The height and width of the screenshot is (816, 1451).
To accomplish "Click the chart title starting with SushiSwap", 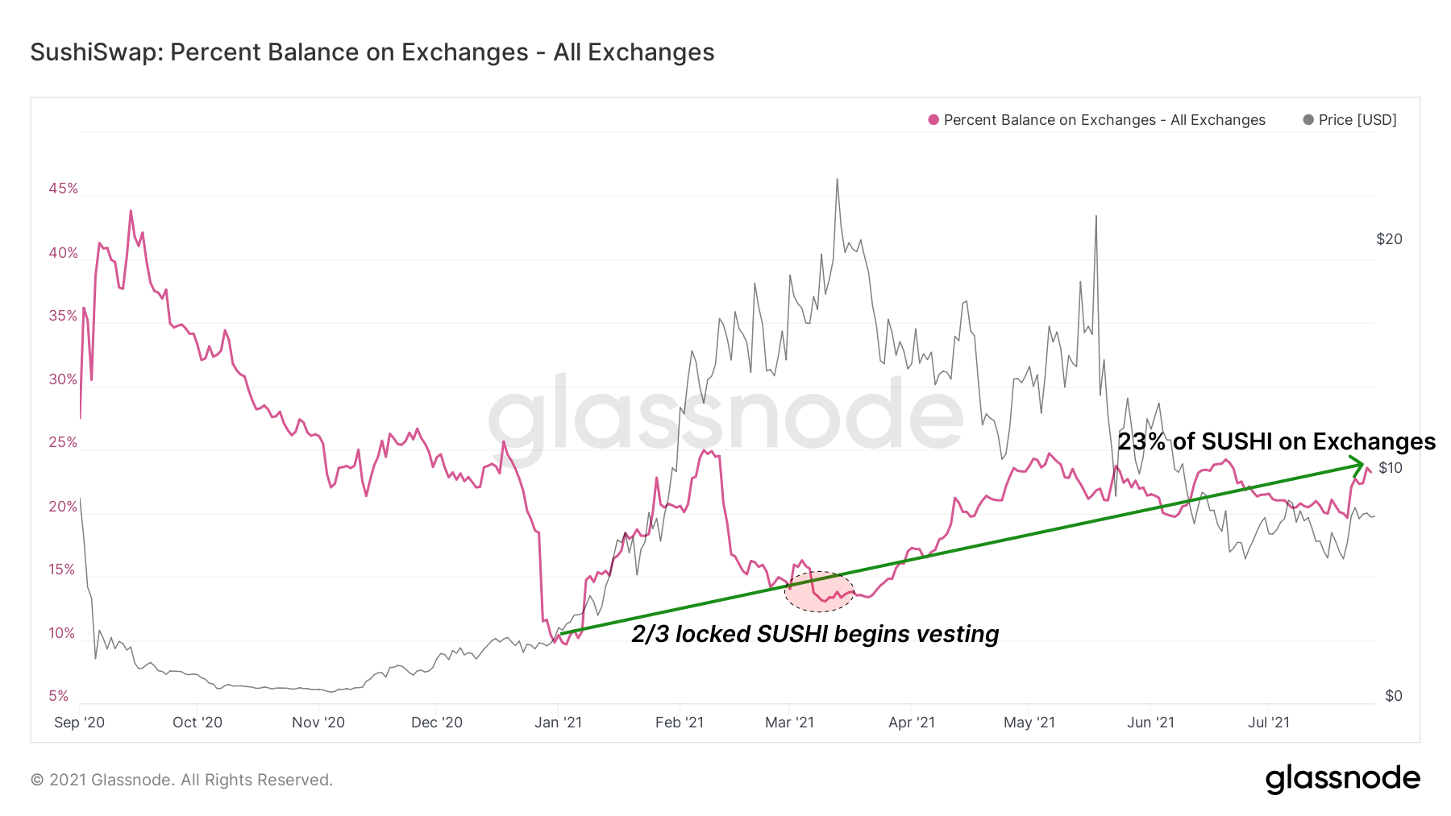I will click(372, 52).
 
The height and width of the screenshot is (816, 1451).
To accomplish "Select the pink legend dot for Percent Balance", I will click(933, 120).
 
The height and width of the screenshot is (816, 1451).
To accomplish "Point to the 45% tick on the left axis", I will click(63, 188).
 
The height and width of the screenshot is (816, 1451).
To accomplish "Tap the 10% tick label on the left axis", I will click(62, 633).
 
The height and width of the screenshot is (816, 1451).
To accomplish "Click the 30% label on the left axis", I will click(63, 379).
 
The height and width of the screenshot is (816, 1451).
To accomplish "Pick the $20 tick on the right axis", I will click(1389, 239).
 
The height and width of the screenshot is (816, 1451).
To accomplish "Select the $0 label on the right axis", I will click(1393, 696).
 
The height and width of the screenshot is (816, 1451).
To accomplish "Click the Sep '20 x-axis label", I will click(79, 723).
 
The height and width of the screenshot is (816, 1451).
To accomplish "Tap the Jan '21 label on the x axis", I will click(558, 723).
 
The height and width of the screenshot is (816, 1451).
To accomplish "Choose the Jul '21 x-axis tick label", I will click(1269, 723).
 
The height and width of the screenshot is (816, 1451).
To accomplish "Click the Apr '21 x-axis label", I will click(912, 723).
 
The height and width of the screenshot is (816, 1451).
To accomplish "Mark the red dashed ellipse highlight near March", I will click(819, 592).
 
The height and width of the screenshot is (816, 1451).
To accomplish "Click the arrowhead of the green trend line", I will click(1359, 464).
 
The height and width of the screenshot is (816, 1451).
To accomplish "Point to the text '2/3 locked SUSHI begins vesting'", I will click(815, 634).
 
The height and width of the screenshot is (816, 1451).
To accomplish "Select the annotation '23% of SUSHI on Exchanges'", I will click(1276, 441).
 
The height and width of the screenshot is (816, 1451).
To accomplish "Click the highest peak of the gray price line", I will click(837, 180).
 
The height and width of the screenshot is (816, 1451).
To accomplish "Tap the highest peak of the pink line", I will click(131, 211).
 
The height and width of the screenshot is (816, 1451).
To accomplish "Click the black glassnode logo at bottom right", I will click(1342, 779).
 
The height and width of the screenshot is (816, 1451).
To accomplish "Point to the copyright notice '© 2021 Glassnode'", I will click(181, 780).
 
